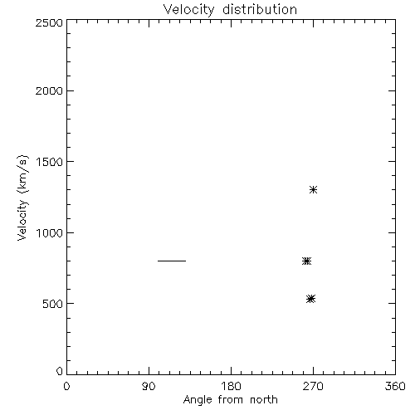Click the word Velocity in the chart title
(x=189, y=10)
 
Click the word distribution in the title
(x=260, y=9)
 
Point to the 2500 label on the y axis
(x=49, y=22)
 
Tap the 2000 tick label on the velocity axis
(x=49, y=90)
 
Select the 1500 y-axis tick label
(x=50, y=162)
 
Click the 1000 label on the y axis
(x=50, y=233)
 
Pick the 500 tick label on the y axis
(x=53, y=304)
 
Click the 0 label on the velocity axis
(x=60, y=371)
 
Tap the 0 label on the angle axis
(x=66, y=386)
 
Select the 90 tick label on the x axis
(x=149, y=386)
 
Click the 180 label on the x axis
(x=231, y=386)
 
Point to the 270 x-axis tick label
(x=313, y=386)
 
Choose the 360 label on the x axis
(x=395, y=386)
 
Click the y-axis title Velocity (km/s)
(x=22, y=198)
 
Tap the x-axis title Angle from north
(x=231, y=400)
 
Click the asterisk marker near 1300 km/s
(x=313, y=190)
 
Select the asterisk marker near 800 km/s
(x=306, y=261)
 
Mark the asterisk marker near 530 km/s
(x=311, y=299)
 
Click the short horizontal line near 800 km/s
(x=172, y=261)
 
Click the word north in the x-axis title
(x=264, y=400)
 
